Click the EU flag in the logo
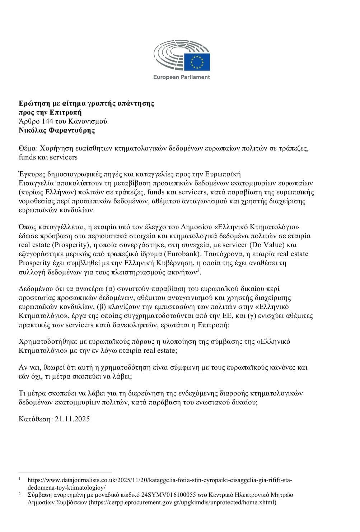tap(197, 61)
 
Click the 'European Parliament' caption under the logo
tap(182, 77)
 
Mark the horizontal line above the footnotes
tap(65, 472)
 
